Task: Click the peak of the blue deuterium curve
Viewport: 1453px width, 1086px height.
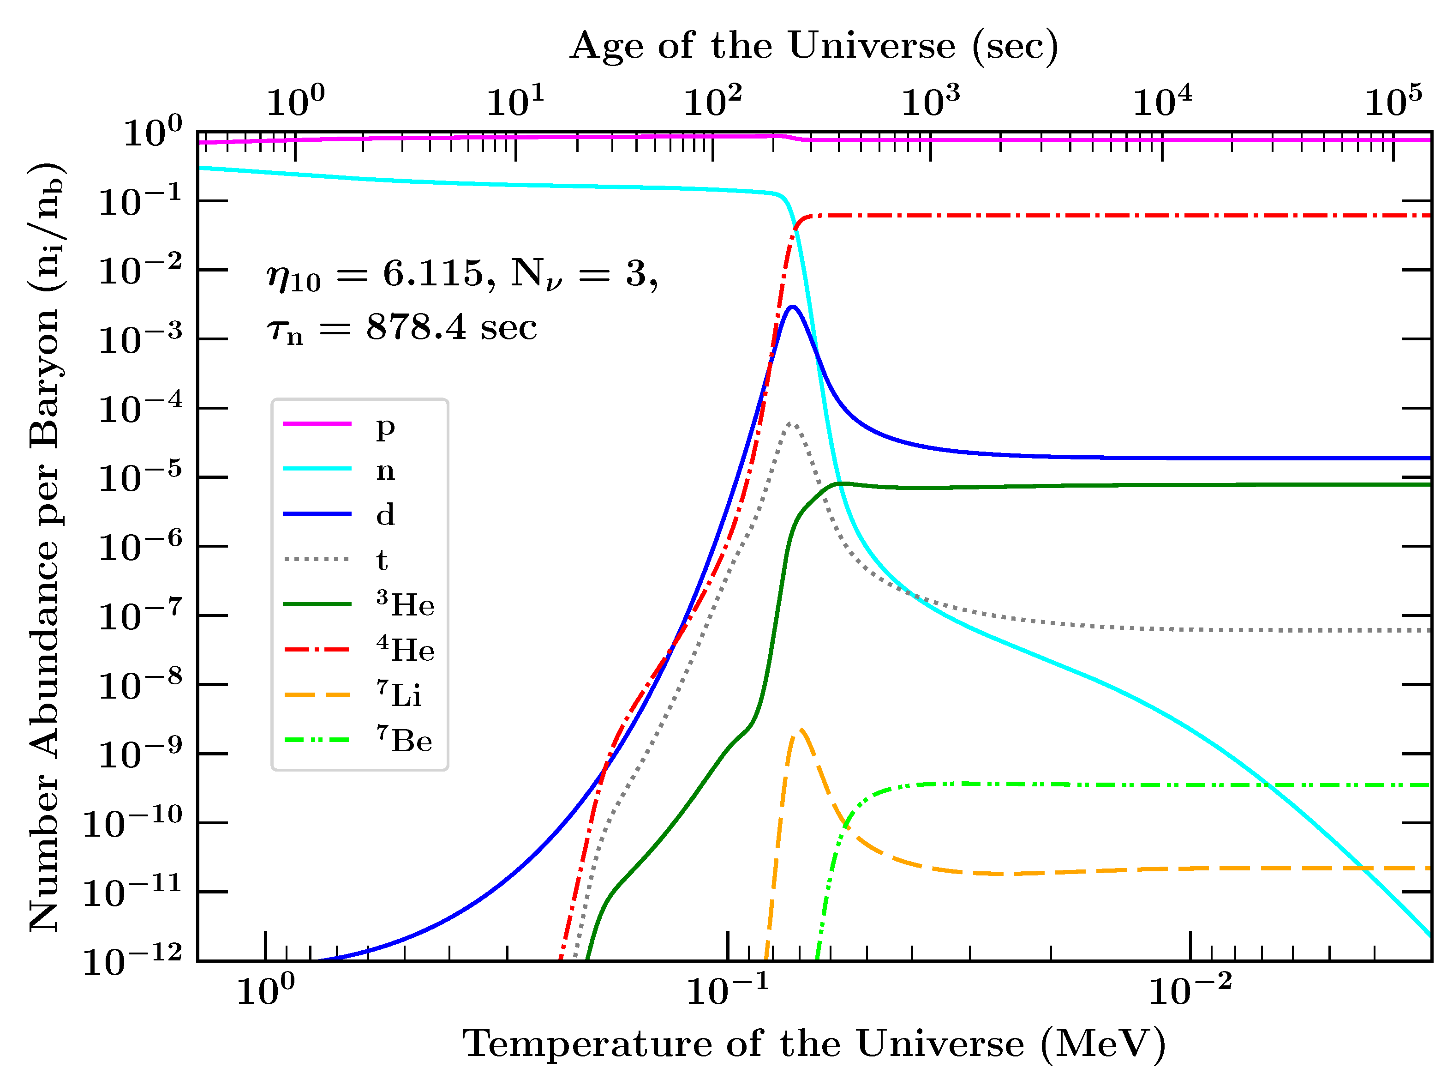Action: pyautogui.click(x=793, y=306)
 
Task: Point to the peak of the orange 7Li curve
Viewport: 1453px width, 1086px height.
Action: pyautogui.click(x=802, y=730)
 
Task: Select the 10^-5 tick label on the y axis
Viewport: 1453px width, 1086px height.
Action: pyautogui.click(x=139, y=478)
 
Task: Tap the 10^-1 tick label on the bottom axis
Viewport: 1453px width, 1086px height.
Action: pyautogui.click(x=726, y=991)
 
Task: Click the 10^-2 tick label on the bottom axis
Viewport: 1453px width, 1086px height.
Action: pyautogui.click(x=1189, y=991)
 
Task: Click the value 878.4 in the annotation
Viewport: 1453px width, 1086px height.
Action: pyautogui.click(x=416, y=327)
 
